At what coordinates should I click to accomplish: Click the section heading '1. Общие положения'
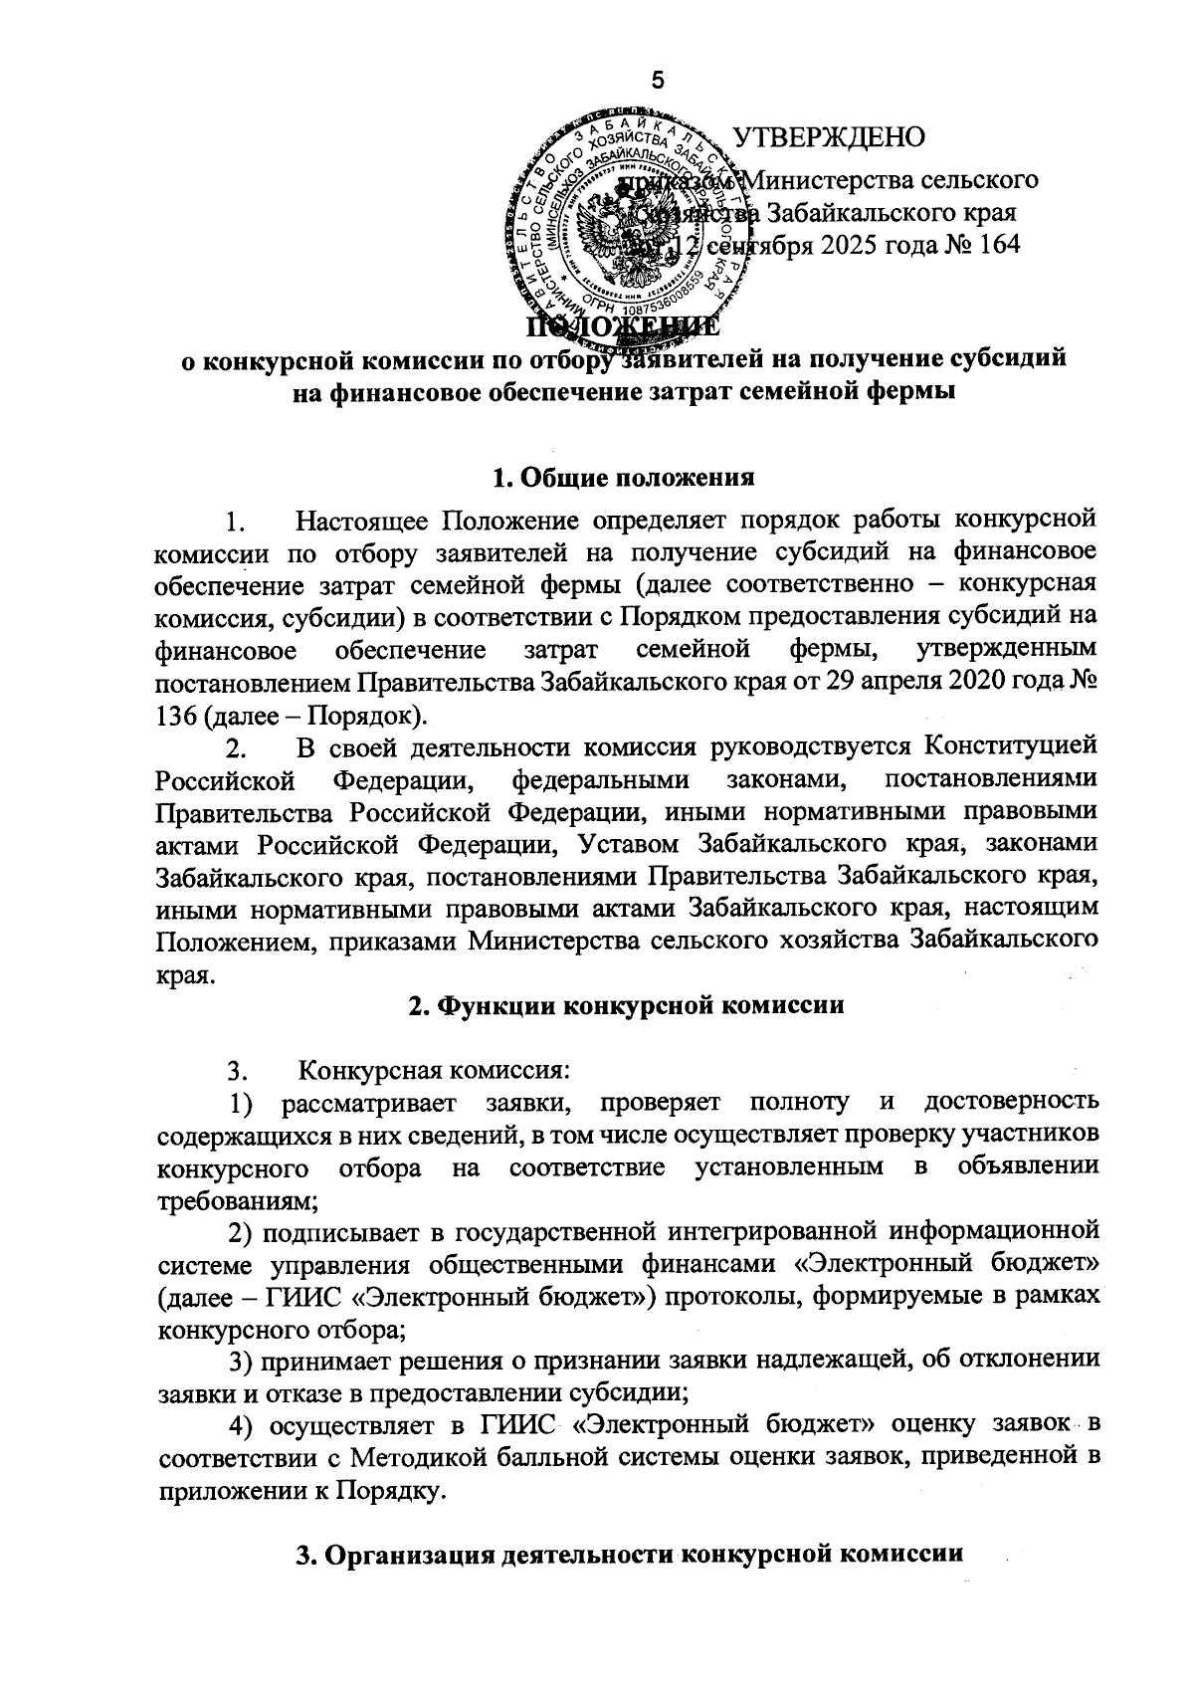click(624, 477)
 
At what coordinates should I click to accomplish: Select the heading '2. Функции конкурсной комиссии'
click(626, 1005)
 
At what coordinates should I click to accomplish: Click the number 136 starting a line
click(179, 716)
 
